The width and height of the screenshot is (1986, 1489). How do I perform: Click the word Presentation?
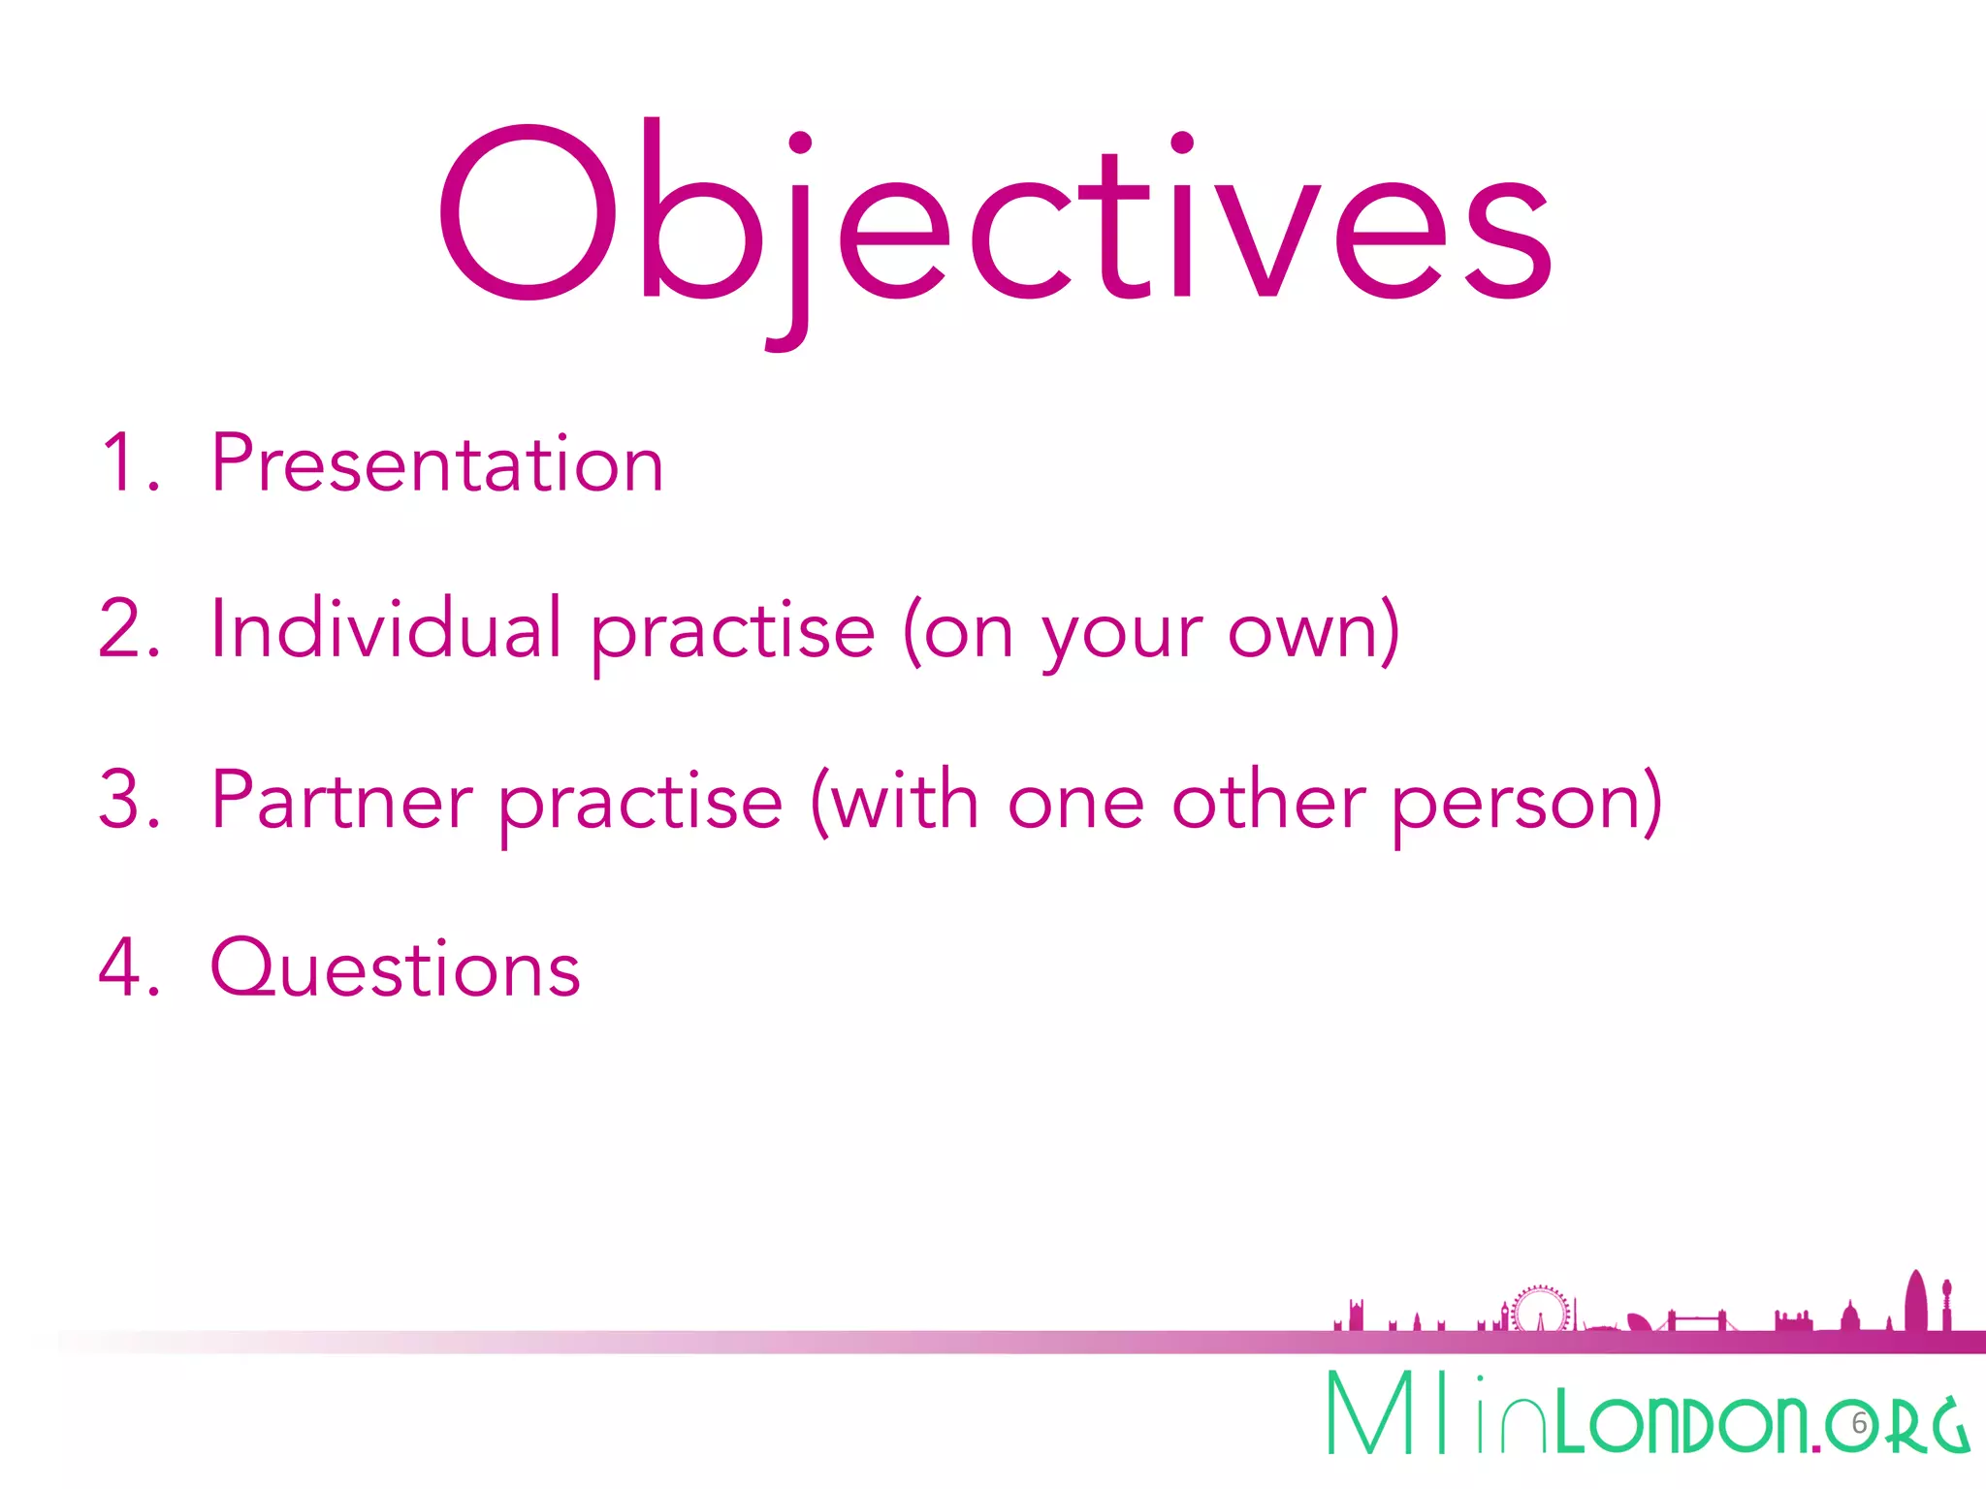436,463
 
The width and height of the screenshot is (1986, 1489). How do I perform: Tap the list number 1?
121,463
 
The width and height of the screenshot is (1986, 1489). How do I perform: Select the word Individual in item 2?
385,630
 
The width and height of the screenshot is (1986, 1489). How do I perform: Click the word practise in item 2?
732,635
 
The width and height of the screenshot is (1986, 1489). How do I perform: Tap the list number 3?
121,800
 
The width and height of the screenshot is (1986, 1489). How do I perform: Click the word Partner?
341,801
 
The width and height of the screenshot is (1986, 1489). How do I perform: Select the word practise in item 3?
640,805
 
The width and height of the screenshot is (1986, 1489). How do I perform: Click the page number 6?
1859,1423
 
